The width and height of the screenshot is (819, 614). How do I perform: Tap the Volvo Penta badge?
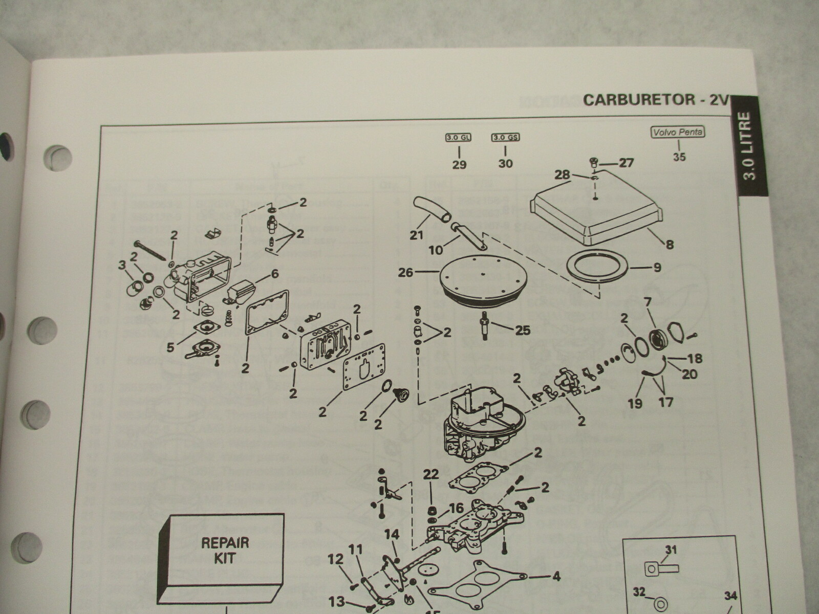tap(677, 132)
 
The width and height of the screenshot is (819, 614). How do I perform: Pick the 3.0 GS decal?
tap(505, 138)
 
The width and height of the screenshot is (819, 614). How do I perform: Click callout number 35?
tap(679, 157)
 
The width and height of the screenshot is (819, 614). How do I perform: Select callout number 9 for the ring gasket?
tap(657, 267)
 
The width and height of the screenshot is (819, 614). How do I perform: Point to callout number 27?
tap(626, 163)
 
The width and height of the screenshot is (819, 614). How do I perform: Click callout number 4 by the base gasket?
tap(556, 577)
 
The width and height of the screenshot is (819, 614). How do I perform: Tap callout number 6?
tap(274, 274)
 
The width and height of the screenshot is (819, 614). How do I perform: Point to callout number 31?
tap(671, 550)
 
